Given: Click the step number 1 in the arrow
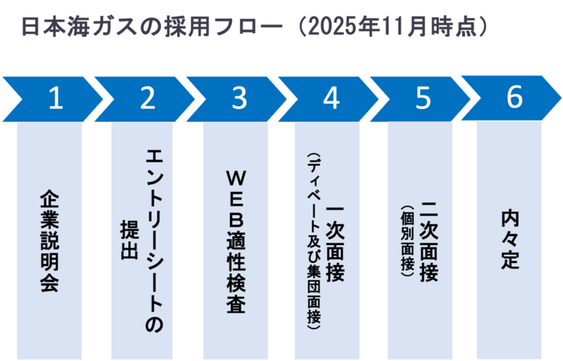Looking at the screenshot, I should click(x=55, y=99).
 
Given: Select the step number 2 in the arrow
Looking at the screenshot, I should click(x=147, y=99).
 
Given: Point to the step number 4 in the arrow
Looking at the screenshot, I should click(x=331, y=99).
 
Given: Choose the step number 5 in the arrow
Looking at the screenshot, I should click(x=423, y=99).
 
